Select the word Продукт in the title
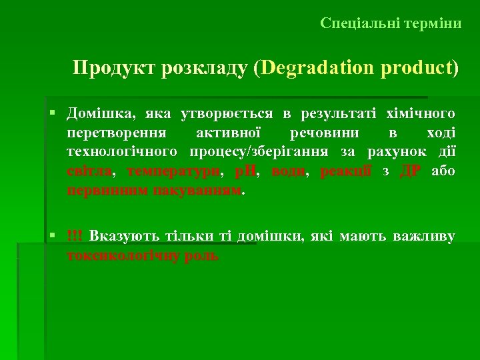coord(113,69)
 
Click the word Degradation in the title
coord(317,69)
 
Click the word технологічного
coord(121,151)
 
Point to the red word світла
coord(89,171)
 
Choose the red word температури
coord(173,171)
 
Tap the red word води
coord(288,171)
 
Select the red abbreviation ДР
coord(409,171)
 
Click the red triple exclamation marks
coord(75,236)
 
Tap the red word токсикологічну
coord(123,255)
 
